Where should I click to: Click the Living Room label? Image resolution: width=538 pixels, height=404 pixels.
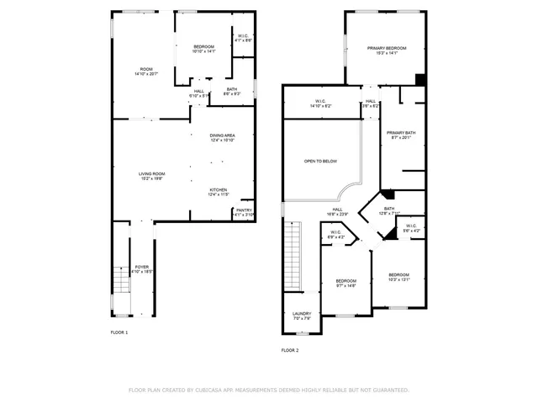point(151,176)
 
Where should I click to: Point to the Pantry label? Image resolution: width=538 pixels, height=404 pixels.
point(244,212)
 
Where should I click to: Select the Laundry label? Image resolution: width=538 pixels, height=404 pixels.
point(301,316)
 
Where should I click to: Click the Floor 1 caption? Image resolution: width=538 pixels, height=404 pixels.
point(119,332)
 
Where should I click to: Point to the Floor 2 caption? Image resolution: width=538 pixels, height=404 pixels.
point(289,350)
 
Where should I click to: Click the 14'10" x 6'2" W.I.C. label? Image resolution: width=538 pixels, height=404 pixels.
point(320,104)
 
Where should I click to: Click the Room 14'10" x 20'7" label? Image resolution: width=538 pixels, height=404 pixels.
point(146,71)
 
